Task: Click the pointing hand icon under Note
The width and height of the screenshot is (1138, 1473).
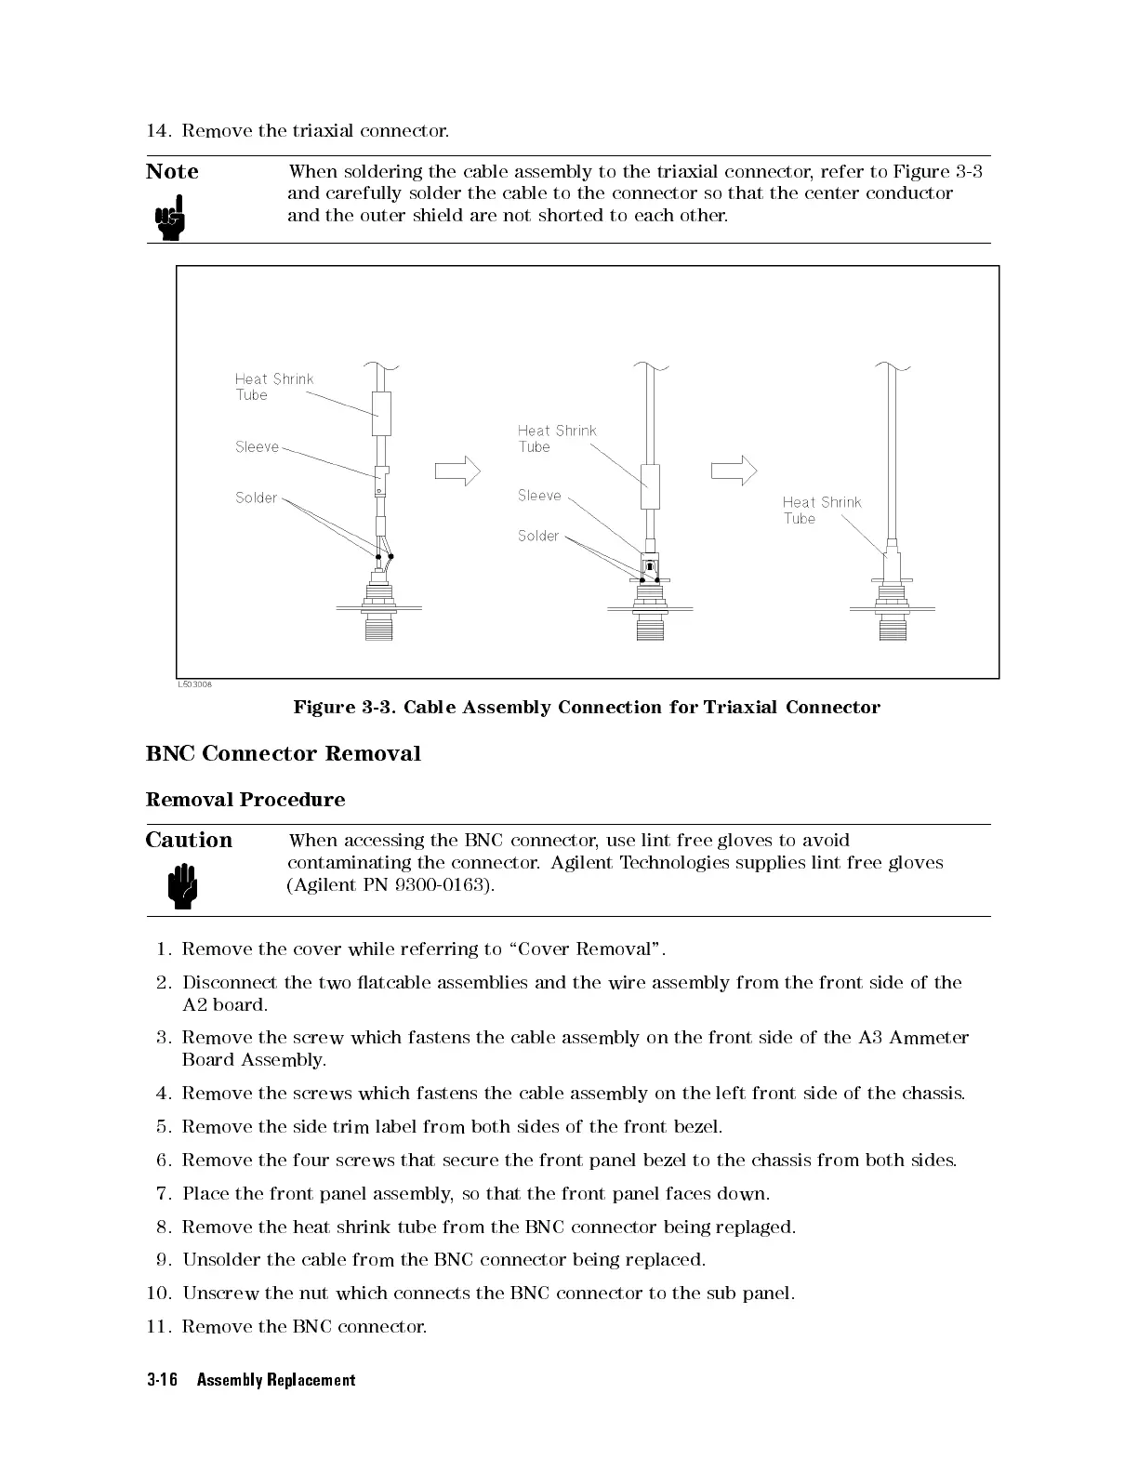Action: [x=170, y=218]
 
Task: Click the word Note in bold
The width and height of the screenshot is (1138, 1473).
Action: [x=172, y=172]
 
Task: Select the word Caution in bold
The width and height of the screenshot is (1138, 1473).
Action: [x=189, y=841]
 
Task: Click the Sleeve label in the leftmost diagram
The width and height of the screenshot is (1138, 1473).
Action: [x=257, y=447]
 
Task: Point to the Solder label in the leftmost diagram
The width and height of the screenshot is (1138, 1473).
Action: [x=256, y=498]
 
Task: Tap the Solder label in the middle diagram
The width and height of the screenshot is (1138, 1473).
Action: [x=538, y=537]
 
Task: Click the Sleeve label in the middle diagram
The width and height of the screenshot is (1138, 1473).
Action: [x=539, y=496]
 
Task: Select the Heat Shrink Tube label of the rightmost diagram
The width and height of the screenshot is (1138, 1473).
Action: [x=821, y=511]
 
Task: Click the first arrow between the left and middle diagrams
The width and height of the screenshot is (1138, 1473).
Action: [x=457, y=471]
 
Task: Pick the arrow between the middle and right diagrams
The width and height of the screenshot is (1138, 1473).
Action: [x=734, y=471]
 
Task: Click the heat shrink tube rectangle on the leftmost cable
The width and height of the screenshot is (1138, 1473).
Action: [x=381, y=414]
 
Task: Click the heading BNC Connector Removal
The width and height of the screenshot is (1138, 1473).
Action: [x=283, y=754]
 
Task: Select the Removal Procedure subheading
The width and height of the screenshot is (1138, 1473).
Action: [x=245, y=800]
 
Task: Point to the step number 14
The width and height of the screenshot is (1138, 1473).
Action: [x=158, y=130]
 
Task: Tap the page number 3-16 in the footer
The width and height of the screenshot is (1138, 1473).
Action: [x=162, y=1380]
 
